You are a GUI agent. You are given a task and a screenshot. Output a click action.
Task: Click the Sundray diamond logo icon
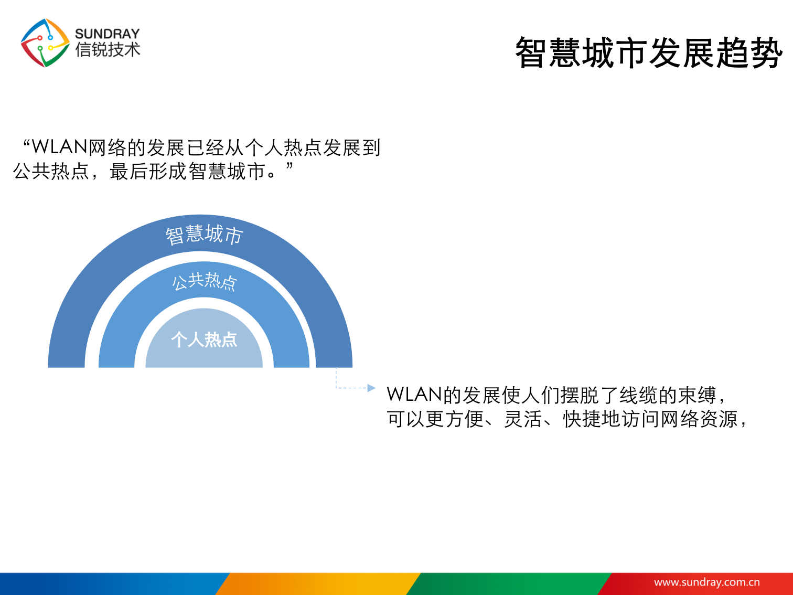click(x=45, y=43)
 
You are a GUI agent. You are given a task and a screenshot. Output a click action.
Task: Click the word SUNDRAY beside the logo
click(x=108, y=34)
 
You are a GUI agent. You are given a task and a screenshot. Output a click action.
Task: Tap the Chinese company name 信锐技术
click(x=108, y=50)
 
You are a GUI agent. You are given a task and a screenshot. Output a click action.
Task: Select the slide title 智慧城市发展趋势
click(x=649, y=53)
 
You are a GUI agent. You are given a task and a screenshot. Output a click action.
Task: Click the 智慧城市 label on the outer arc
click(x=205, y=235)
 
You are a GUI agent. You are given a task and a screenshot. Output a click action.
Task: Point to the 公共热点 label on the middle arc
click(x=205, y=282)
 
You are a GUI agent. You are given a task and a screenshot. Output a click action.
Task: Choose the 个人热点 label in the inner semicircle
click(x=204, y=339)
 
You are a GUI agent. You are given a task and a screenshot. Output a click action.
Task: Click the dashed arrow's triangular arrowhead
click(x=371, y=388)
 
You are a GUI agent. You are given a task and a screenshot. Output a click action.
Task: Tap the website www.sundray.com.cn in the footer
click(x=706, y=582)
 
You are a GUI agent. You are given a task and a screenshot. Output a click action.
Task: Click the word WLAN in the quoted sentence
click(x=59, y=147)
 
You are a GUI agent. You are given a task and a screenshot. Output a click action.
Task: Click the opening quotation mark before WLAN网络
click(x=27, y=142)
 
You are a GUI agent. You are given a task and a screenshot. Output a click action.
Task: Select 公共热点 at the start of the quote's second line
click(x=51, y=171)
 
